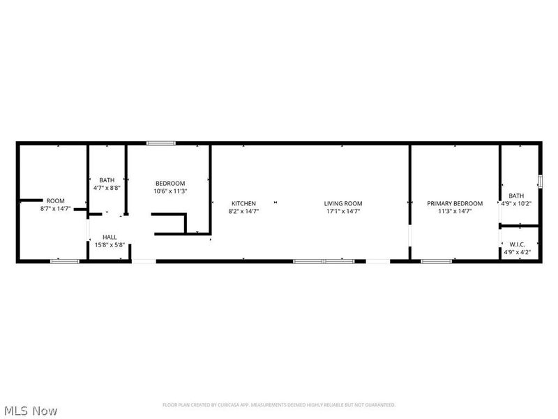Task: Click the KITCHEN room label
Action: pos(243,203)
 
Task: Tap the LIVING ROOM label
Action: pos(343,203)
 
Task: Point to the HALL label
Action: pos(110,237)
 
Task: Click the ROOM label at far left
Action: pos(55,200)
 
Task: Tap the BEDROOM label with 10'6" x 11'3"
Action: pos(170,183)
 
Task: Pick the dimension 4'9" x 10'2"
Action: pos(516,204)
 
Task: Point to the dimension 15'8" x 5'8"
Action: pos(110,244)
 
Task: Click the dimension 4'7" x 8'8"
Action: pos(107,188)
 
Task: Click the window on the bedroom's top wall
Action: pos(160,143)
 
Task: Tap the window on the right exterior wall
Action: pos(539,181)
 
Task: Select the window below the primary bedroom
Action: pos(436,261)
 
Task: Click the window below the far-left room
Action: pos(64,261)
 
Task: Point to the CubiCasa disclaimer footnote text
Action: pos(279,405)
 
